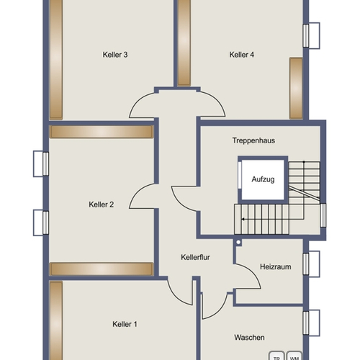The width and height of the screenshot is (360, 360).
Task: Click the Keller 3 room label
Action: pos(115,55)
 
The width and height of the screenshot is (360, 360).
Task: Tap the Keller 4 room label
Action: pos(242,55)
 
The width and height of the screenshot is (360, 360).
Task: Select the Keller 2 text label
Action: pos(102,204)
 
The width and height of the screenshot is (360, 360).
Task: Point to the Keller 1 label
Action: pos(125,324)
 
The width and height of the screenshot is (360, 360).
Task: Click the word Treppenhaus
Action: pos(253,140)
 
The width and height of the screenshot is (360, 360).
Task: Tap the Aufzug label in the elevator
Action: pos(263,179)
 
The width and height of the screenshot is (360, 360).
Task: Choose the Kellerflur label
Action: pos(195,257)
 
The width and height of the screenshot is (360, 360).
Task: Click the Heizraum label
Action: pos(276,266)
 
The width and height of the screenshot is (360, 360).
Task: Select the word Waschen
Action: pos(249,338)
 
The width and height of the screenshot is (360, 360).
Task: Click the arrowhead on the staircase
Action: pos(243,220)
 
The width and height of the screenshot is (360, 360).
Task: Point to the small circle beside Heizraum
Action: pos(238,242)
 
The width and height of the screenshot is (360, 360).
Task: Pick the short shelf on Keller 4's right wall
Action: pos(296,88)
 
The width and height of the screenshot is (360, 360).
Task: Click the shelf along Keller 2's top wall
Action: pos(102,132)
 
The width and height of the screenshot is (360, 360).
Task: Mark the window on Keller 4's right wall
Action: pos(311,36)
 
